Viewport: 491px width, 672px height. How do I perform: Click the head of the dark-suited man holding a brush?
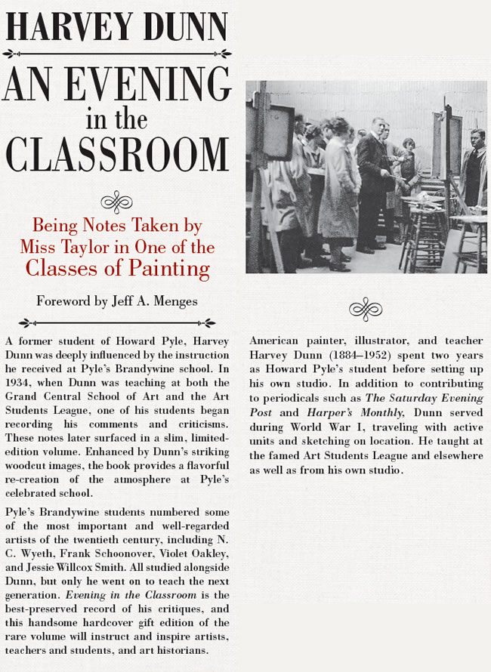[377, 124]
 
